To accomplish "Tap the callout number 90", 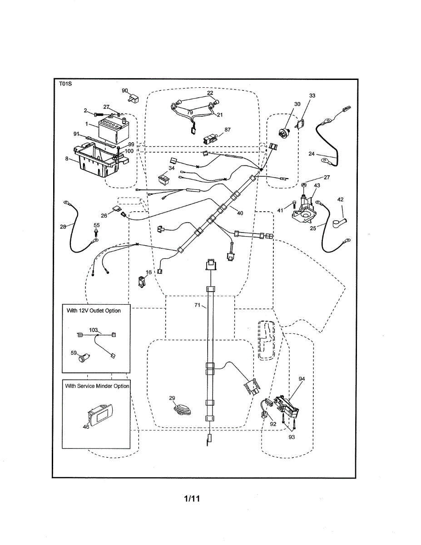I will click(x=124, y=90).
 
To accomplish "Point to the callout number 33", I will click(x=312, y=95).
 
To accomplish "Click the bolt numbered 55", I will click(x=96, y=233).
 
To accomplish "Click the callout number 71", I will click(x=197, y=306).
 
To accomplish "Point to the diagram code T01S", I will click(x=65, y=84).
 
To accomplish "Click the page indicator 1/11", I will click(x=192, y=499).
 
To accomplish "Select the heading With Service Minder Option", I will click(x=97, y=386).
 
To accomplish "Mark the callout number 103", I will click(x=94, y=330).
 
